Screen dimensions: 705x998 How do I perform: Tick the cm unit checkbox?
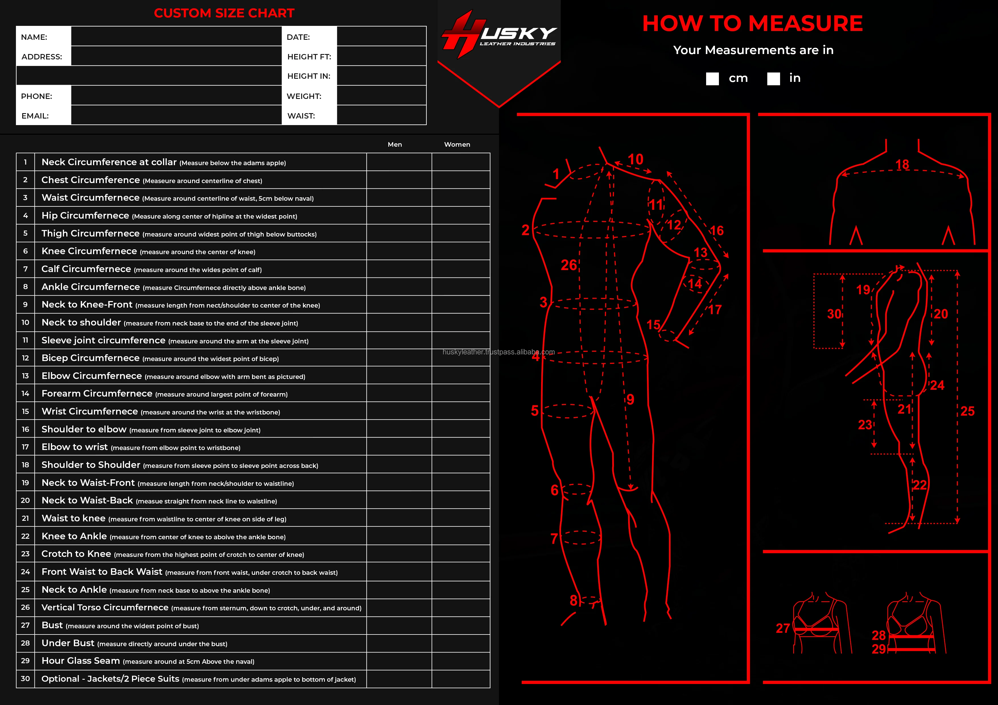click(x=712, y=79)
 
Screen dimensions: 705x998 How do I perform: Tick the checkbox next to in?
click(x=773, y=79)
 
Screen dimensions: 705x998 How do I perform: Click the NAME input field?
click(x=176, y=36)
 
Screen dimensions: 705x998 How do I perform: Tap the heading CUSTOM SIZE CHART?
click(x=224, y=13)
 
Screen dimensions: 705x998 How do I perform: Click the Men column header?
click(x=395, y=144)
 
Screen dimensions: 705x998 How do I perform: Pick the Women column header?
click(x=457, y=144)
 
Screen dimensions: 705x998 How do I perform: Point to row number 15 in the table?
click(x=25, y=411)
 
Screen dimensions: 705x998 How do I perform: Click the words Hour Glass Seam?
click(x=81, y=661)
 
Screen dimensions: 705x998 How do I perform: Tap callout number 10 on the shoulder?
click(x=636, y=159)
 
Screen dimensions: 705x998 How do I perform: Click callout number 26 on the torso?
click(x=568, y=265)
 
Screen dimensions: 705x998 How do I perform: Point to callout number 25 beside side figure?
click(x=967, y=411)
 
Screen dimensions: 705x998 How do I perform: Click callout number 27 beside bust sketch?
click(x=782, y=628)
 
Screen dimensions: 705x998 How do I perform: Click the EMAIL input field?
click(x=176, y=115)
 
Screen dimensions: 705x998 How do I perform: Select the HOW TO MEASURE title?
click(x=752, y=24)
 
